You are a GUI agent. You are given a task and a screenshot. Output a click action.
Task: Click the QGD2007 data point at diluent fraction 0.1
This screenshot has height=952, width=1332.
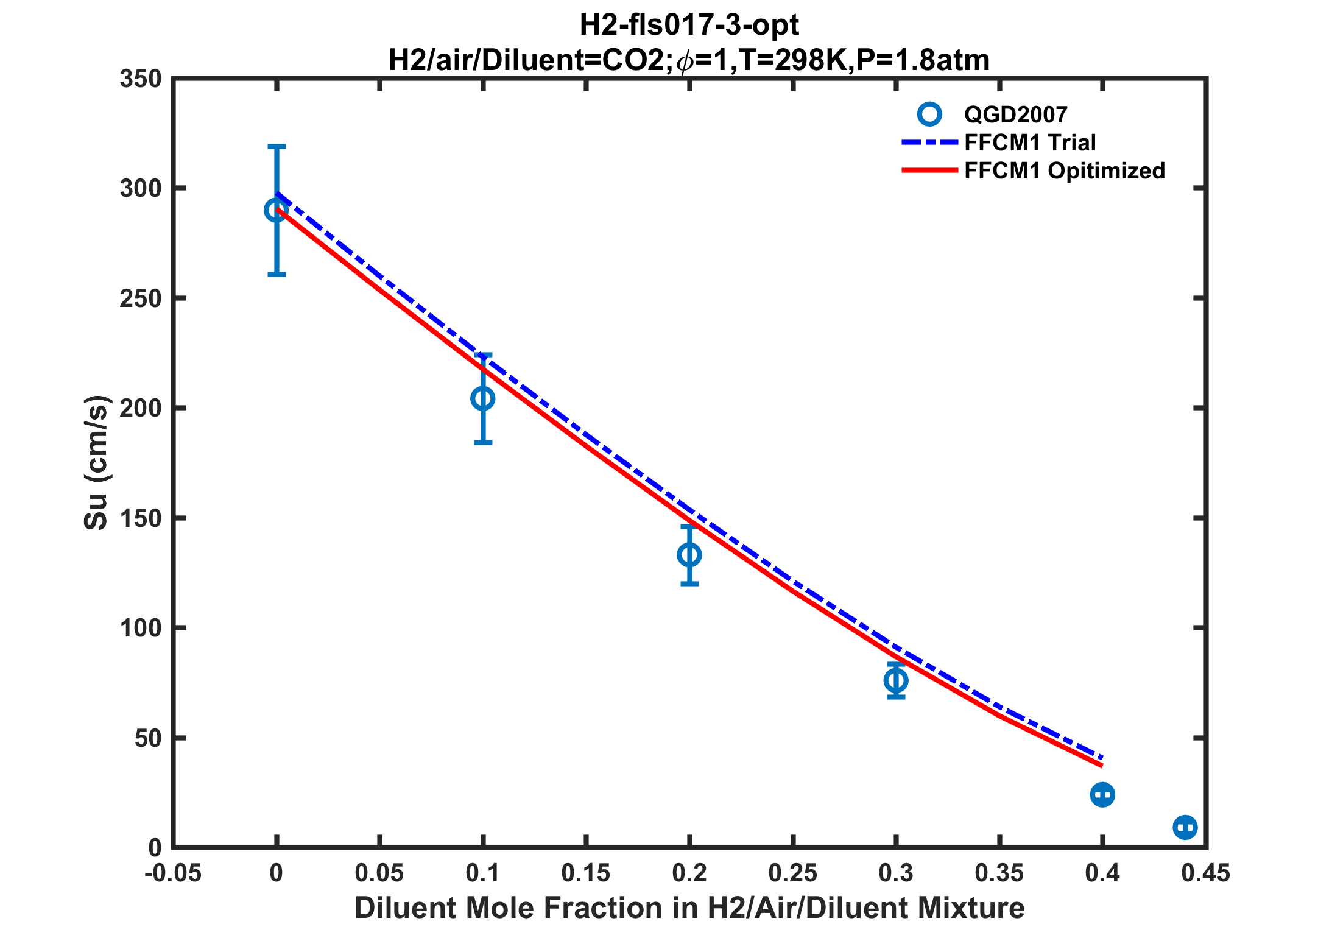pos(483,399)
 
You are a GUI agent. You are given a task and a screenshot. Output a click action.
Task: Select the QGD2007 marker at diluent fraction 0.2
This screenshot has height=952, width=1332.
pos(689,555)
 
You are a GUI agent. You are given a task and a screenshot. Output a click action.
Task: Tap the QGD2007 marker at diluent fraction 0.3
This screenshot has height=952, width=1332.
pos(896,680)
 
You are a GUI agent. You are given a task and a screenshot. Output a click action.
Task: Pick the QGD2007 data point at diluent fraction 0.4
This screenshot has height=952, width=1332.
pos(1102,794)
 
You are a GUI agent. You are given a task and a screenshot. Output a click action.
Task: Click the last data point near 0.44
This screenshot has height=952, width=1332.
pos(1185,827)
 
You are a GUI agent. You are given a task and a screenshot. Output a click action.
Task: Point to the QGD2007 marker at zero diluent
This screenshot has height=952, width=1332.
pos(277,211)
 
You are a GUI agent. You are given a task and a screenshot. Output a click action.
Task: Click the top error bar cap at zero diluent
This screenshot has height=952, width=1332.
pos(277,146)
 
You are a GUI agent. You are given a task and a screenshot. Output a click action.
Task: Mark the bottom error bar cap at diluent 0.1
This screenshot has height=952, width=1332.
pos(483,443)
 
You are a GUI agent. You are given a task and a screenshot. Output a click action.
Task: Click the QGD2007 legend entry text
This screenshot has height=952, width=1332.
pos(1016,115)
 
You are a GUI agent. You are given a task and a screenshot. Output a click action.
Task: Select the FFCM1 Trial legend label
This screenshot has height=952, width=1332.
pos(1030,143)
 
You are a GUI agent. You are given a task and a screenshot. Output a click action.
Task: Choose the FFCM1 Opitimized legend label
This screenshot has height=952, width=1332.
pos(1065,171)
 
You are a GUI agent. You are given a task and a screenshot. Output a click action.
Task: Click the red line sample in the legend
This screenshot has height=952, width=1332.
pos(930,171)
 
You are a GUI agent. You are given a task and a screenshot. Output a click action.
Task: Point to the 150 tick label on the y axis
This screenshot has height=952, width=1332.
pos(141,518)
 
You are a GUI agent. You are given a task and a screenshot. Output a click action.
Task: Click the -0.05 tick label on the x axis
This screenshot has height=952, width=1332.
pos(173,873)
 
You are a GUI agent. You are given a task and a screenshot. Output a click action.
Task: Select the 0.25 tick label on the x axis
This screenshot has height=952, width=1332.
pos(792,873)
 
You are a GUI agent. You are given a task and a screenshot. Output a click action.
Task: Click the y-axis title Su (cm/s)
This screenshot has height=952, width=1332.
pos(96,463)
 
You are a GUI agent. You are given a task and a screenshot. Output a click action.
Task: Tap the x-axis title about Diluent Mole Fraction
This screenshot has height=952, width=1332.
pos(689,908)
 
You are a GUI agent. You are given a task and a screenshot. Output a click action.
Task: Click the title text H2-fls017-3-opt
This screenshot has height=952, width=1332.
pos(689,26)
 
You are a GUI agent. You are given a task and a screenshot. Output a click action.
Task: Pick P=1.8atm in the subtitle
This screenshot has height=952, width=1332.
pos(923,60)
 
